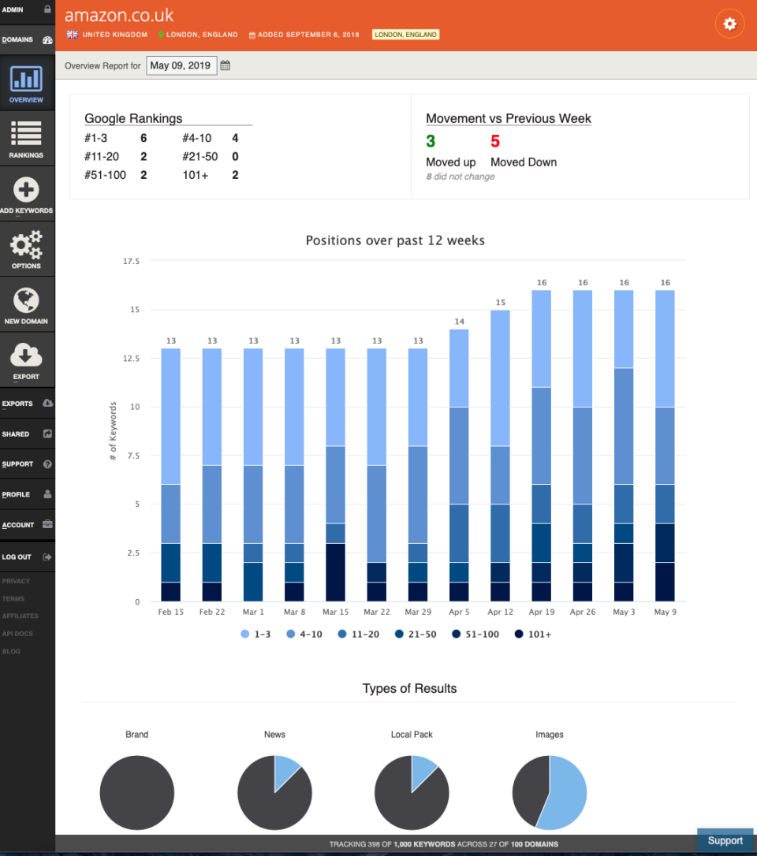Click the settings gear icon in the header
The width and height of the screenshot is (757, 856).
pyautogui.click(x=729, y=24)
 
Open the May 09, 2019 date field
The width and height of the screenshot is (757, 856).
pyautogui.click(x=181, y=65)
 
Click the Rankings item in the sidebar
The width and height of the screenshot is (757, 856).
pyautogui.click(x=27, y=139)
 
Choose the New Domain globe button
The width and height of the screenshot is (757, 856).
pyautogui.click(x=27, y=304)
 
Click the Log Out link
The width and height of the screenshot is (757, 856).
pyautogui.click(x=17, y=556)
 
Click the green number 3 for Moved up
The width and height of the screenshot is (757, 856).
pyautogui.click(x=431, y=142)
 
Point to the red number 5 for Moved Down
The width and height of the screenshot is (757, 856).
pyautogui.click(x=495, y=142)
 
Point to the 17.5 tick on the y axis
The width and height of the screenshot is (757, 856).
pyautogui.click(x=130, y=261)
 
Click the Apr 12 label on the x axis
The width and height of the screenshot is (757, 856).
pyautogui.click(x=500, y=612)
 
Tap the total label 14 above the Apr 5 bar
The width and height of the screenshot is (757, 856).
pyautogui.click(x=459, y=322)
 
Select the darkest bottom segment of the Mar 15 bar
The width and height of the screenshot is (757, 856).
pyautogui.click(x=335, y=572)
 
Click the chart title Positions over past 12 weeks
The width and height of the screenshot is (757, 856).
pyautogui.click(x=395, y=240)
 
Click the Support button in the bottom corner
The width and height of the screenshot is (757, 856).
pyautogui.click(x=725, y=840)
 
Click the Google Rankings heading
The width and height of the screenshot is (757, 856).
pyautogui.click(x=133, y=118)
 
